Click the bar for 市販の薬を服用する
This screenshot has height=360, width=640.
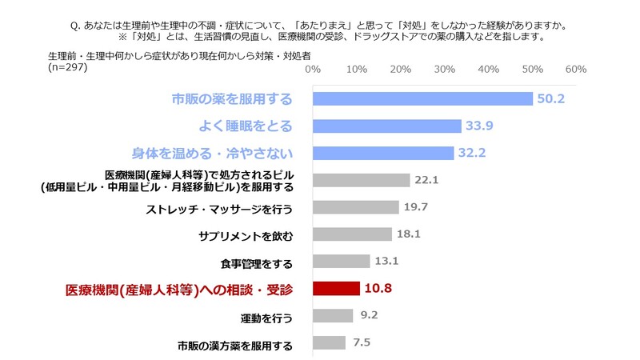click(422, 99)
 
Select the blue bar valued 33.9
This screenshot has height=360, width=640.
click(387, 126)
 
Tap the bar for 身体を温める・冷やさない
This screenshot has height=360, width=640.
click(383, 153)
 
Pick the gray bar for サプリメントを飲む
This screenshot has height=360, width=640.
click(352, 234)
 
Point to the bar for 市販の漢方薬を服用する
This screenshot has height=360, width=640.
click(329, 343)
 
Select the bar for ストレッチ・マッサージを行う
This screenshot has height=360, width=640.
click(355, 207)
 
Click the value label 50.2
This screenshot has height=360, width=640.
click(552, 99)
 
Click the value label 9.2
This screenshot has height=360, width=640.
click(369, 316)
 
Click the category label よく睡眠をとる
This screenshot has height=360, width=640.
click(246, 126)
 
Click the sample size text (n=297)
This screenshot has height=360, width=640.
click(68, 66)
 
